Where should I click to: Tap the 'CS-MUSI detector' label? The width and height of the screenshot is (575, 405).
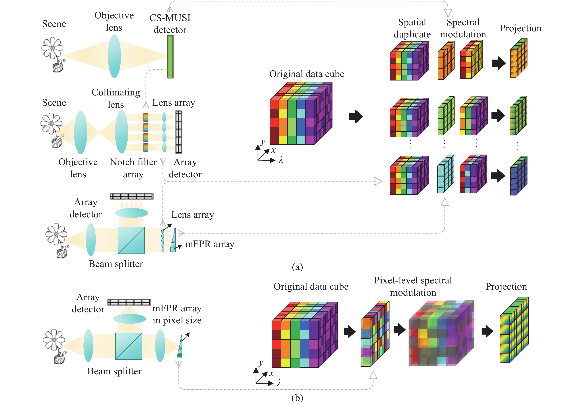[170, 24]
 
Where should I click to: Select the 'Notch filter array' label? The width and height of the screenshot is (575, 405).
[133, 168]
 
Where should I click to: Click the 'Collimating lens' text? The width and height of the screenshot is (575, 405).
[116, 98]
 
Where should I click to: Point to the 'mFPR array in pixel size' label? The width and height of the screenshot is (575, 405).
[177, 314]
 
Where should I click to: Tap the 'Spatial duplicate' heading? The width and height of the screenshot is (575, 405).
[412, 28]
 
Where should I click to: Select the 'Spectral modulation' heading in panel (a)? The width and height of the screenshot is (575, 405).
[463, 28]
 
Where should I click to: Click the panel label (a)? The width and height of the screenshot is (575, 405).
[297, 267]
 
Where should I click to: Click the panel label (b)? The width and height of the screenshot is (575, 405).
[297, 398]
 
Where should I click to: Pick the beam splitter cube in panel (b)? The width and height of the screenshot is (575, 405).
[129, 346]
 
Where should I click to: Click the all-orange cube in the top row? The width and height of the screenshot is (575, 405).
[446, 60]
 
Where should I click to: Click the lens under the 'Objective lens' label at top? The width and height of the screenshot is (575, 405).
[114, 56]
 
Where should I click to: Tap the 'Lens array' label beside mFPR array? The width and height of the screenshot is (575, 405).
[193, 215]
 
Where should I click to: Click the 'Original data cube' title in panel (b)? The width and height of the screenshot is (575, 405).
[311, 287]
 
